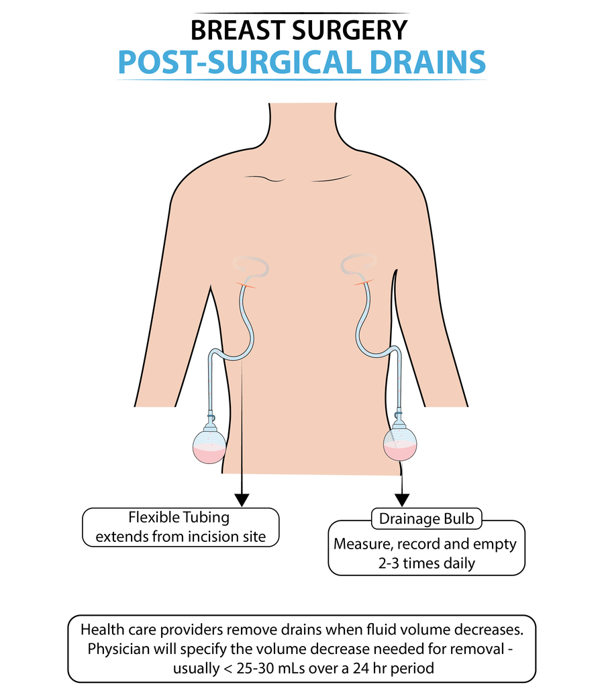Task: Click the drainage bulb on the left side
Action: pos(209,445)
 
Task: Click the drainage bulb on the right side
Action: pos(399,444)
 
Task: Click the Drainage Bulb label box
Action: pos(426,519)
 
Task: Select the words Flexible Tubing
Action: pos(179,518)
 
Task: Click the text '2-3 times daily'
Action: pos(426,563)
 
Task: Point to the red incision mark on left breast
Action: pos(246,285)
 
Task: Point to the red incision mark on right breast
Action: pos(363,284)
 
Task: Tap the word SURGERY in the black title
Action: pos(355,31)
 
